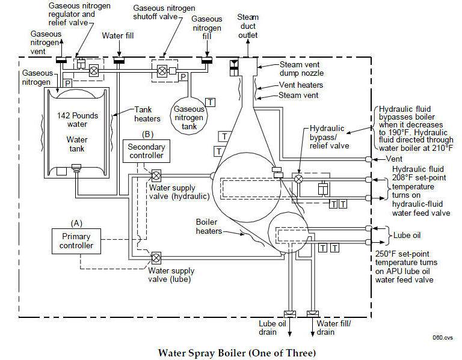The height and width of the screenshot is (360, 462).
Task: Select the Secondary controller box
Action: click(145, 152)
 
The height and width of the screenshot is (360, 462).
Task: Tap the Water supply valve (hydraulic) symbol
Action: click(156, 175)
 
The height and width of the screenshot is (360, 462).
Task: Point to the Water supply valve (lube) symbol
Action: click(156, 257)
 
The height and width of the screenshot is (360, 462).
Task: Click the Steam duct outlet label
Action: click(248, 25)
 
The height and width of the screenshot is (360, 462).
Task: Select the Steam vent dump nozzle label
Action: click(304, 70)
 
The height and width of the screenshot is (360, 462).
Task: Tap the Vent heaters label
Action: click(301, 85)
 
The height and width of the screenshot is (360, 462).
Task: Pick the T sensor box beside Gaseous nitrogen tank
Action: click(211, 102)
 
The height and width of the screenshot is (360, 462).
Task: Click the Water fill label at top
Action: click(118, 36)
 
